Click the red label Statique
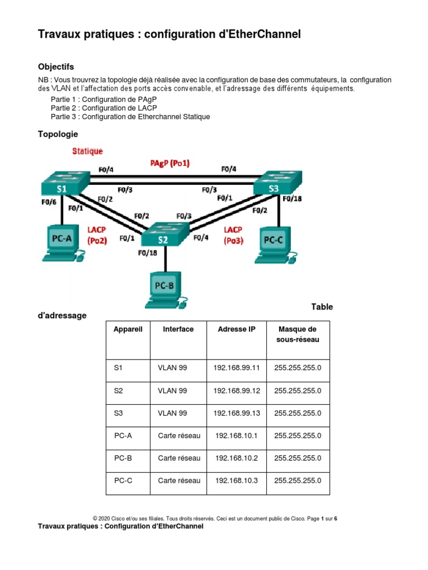point(87,151)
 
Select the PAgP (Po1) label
point(170,163)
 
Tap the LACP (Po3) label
point(233,235)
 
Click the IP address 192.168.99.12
point(237,391)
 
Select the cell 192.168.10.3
point(237,480)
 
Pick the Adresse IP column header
point(237,330)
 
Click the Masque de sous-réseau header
point(298,335)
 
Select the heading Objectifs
point(56,67)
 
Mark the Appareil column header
point(128,330)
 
